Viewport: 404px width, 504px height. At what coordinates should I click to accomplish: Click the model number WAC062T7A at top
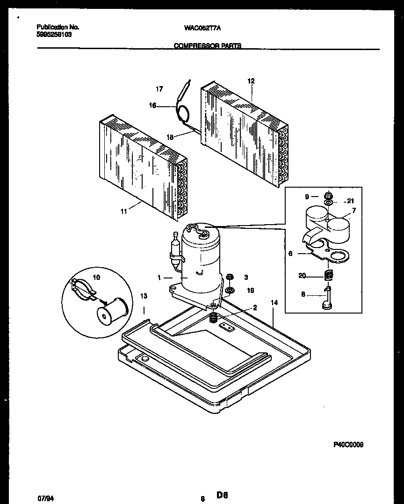(202, 28)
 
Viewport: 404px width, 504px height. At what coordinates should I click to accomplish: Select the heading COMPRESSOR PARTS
(208, 46)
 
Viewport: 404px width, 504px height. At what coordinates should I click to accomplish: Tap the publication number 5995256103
(54, 35)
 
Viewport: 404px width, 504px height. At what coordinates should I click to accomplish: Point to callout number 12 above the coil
(251, 81)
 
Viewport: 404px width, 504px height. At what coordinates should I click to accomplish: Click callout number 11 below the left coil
(124, 212)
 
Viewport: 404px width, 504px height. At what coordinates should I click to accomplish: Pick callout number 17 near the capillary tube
(159, 89)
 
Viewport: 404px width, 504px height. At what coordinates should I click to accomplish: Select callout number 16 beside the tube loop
(152, 106)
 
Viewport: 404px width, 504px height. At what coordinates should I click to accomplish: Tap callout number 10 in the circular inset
(97, 278)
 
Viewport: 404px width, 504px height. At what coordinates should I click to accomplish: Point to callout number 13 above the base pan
(144, 296)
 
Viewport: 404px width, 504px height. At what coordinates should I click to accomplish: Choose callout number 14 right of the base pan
(274, 303)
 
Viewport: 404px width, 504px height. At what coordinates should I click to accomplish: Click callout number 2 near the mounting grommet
(255, 307)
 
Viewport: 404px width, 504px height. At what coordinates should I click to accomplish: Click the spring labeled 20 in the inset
(329, 276)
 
